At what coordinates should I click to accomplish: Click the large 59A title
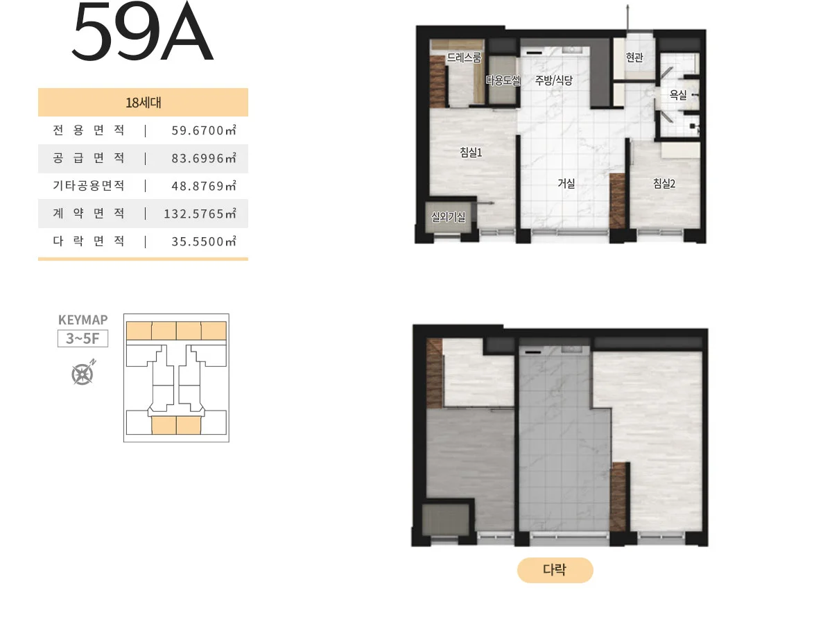point(142,31)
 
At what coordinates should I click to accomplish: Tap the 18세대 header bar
point(143,102)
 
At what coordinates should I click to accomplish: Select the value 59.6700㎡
point(204,130)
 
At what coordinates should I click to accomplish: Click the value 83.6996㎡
point(204,158)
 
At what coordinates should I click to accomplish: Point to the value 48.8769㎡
point(204,186)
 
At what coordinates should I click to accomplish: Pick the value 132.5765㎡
point(200,214)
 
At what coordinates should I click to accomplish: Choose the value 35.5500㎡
point(204,241)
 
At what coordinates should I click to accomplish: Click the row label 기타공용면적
point(89,185)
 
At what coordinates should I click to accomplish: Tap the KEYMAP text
point(83,320)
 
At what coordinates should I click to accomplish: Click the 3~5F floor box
point(83,338)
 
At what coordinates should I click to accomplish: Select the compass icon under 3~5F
point(83,372)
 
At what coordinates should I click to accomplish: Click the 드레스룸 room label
point(464,58)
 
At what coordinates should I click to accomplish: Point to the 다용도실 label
point(503,80)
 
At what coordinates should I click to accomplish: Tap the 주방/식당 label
point(553,80)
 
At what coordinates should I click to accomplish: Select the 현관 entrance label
point(634,58)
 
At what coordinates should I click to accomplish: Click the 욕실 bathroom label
point(677,94)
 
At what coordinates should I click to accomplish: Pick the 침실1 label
point(471,153)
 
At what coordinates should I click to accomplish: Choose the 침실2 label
point(664,184)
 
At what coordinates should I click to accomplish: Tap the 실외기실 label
point(448,217)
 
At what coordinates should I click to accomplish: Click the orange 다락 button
point(555,569)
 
